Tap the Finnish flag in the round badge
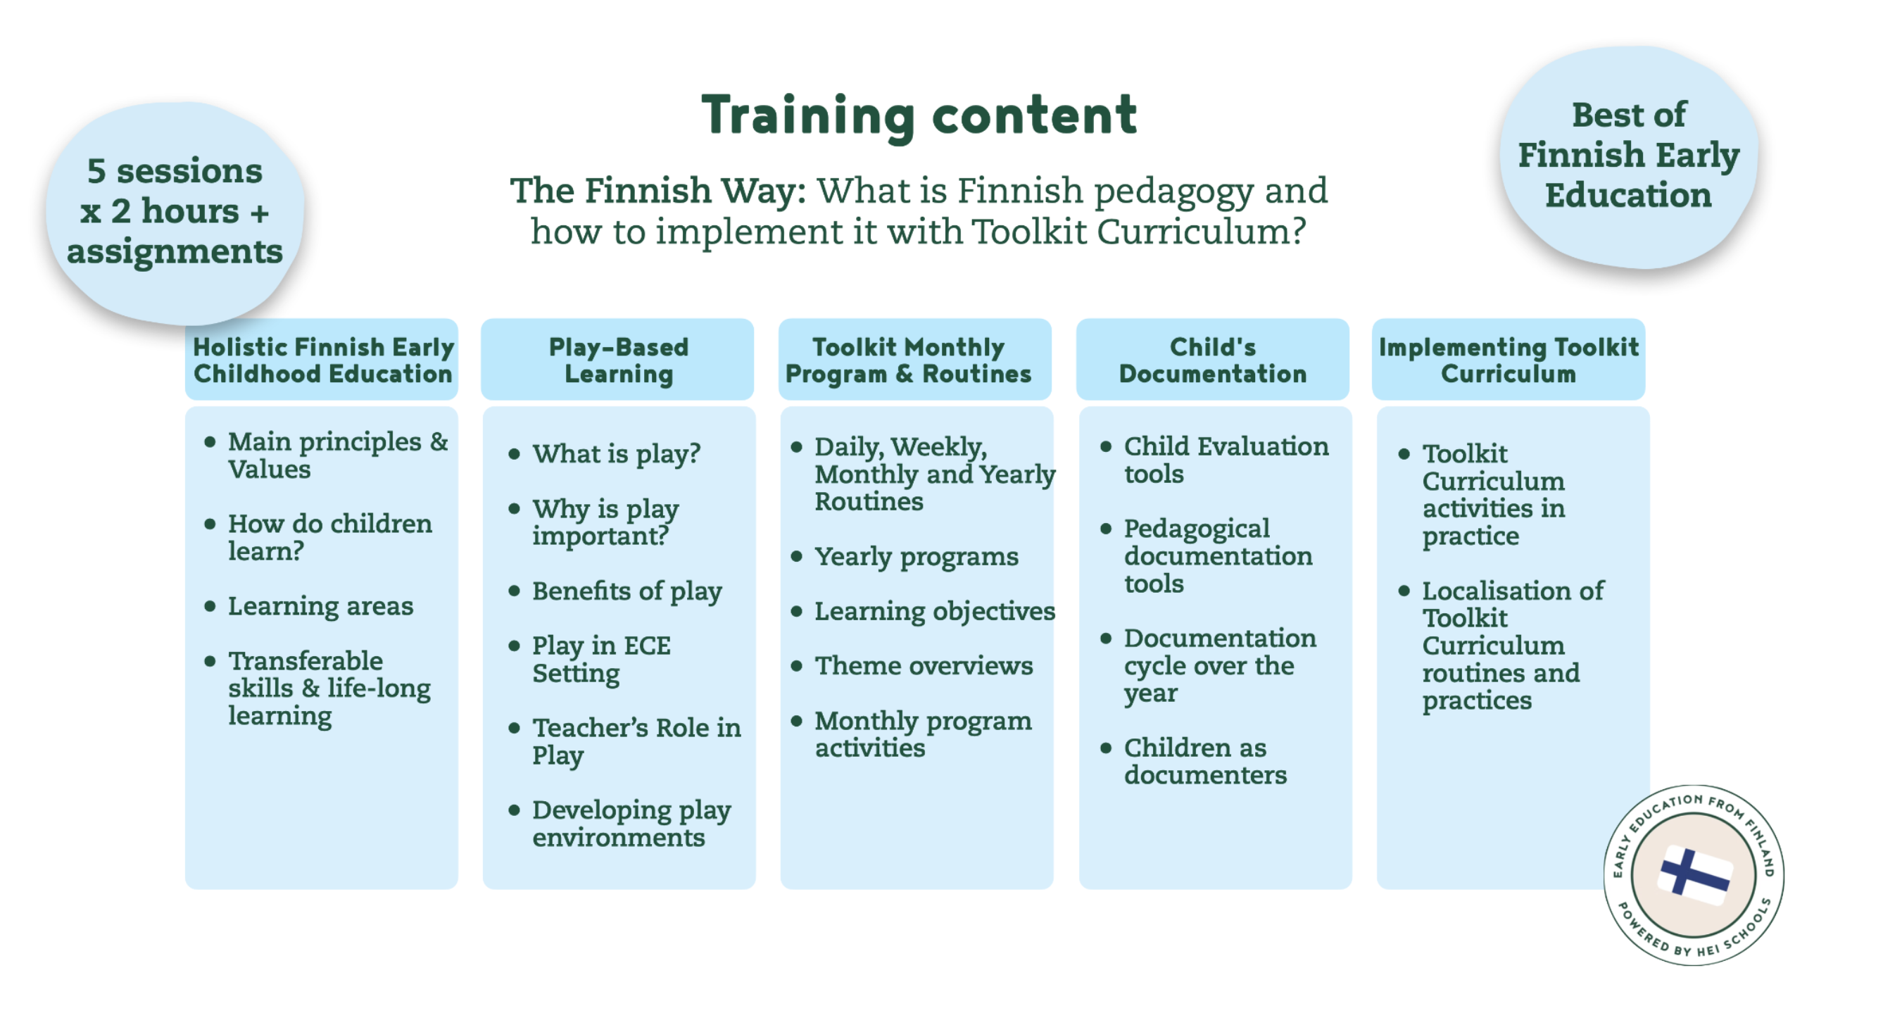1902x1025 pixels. pyautogui.click(x=1694, y=875)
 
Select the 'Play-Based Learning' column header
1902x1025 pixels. pyautogui.click(x=618, y=360)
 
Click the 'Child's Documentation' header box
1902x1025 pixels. pyautogui.click(x=1211, y=360)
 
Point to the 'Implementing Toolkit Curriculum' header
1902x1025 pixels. pyautogui.click(x=1508, y=360)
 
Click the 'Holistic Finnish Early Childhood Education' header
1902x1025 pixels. pyautogui.click(x=322, y=360)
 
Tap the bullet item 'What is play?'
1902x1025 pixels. pyautogui.click(x=616, y=453)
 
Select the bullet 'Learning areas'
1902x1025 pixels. pyautogui.click(x=320, y=605)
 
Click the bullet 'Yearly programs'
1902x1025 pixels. pyautogui.click(x=916, y=556)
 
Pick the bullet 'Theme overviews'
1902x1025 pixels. pyautogui.click(x=923, y=665)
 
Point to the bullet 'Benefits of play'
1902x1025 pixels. pyautogui.click(x=626, y=591)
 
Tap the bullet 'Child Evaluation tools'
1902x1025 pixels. pyautogui.click(x=1225, y=459)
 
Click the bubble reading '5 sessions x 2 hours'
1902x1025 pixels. pyautogui.click(x=175, y=211)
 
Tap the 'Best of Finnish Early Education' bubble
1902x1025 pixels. pyautogui.click(x=1628, y=155)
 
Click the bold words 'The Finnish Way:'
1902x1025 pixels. pyautogui.click(x=657, y=191)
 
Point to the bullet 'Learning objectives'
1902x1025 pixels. pyautogui.click(x=934, y=611)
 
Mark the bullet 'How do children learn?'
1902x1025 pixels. pyautogui.click(x=329, y=537)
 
